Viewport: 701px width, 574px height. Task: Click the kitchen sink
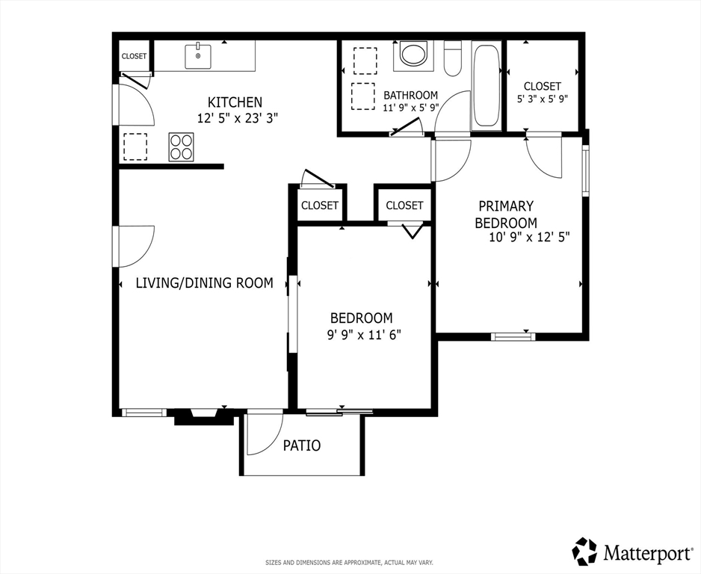pyautogui.click(x=198, y=56)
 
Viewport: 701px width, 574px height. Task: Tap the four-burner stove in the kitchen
pyautogui.click(x=181, y=146)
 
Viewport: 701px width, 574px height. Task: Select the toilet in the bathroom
pyautogui.click(x=452, y=58)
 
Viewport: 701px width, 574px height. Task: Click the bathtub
pyautogui.click(x=486, y=85)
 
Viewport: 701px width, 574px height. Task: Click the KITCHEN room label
pyautogui.click(x=235, y=102)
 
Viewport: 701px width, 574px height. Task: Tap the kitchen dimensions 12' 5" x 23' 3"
pyautogui.click(x=238, y=119)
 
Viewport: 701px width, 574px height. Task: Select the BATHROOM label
pyautogui.click(x=410, y=95)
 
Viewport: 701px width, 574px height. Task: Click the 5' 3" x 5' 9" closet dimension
pyautogui.click(x=543, y=99)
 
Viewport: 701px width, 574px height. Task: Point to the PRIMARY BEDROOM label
pyautogui.click(x=506, y=215)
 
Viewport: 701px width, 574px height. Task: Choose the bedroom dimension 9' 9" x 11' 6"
pyautogui.click(x=364, y=335)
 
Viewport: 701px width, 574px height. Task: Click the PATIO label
pyautogui.click(x=302, y=445)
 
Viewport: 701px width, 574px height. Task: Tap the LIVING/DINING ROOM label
pyautogui.click(x=204, y=283)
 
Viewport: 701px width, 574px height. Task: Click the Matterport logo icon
pyautogui.click(x=585, y=551)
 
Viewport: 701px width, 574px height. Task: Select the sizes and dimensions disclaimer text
pyautogui.click(x=350, y=562)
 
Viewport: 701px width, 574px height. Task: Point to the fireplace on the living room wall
pyautogui.click(x=203, y=416)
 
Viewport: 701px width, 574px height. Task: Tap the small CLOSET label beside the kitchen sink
pyautogui.click(x=134, y=56)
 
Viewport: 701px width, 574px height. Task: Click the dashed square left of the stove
pyautogui.click(x=135, y=146)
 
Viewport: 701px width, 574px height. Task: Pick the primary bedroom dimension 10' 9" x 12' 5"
pyautogui.click(x=530, y=238)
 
